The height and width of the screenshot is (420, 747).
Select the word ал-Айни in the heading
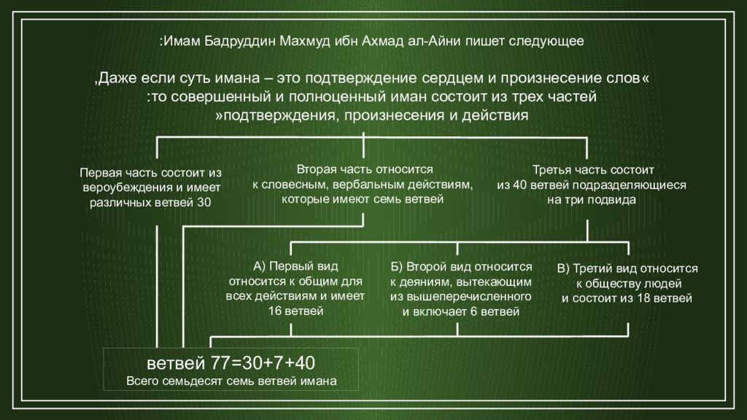point(433,41)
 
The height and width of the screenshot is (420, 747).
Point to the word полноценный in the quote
point(338,97)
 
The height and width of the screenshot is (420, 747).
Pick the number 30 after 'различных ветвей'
point(204,203)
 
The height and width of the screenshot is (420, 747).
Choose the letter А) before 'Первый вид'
point(259,267)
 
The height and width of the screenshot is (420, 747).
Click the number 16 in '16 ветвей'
point(275,311)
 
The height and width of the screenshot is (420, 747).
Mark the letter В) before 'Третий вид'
point(563,269)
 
